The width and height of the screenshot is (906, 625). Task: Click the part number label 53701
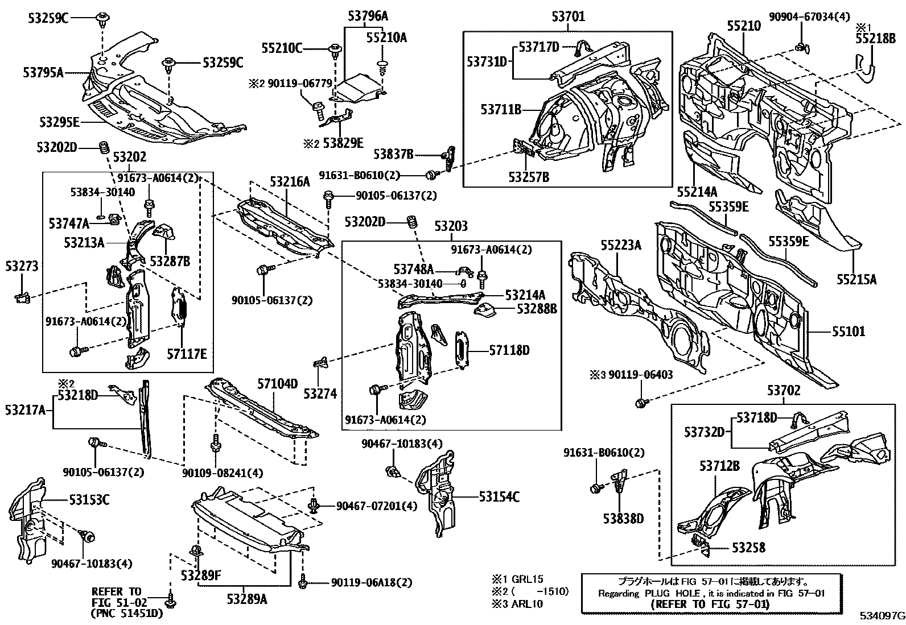click(568, 18)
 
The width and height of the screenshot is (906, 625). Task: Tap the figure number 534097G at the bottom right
click(882, 616)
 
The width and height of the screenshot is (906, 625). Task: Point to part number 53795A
click(43, 72)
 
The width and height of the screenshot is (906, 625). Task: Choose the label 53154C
click(499, 497)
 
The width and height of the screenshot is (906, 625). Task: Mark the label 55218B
click(875, 38)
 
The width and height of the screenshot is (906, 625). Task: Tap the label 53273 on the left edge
click(22, 266)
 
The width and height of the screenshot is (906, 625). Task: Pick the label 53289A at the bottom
click(246, 599)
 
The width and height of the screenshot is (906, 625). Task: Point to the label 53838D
click(623, 518)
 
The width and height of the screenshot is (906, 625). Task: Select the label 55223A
click(621, 245)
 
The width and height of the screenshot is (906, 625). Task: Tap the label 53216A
click(290, 181)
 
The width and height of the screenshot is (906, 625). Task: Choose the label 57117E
click(187, 354)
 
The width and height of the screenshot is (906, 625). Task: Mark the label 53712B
click(719, 466)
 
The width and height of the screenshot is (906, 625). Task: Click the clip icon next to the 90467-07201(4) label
click(314, 506)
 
